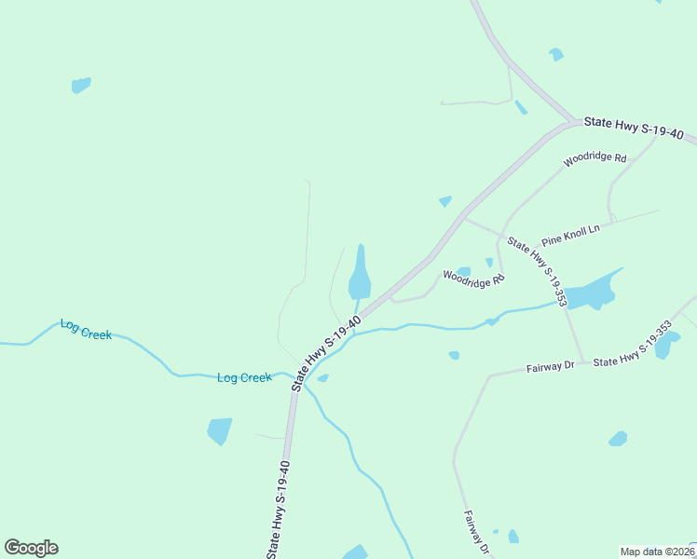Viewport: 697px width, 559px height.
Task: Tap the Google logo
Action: coord(31,548)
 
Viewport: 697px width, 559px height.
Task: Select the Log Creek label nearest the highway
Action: coord(244,377)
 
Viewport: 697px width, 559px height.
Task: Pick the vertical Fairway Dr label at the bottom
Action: coord(475,532)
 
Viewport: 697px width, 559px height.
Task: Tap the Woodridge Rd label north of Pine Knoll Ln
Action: coord(594,159)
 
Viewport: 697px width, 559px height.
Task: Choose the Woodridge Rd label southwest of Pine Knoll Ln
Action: coord(472,278)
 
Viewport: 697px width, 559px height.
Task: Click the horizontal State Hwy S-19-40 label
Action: coord(634,129)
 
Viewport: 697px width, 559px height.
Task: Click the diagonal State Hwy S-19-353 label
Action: coord(537,271)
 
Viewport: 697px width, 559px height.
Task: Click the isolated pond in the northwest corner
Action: coord(81,85)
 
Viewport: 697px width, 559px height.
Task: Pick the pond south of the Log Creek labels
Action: coord(219,430)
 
